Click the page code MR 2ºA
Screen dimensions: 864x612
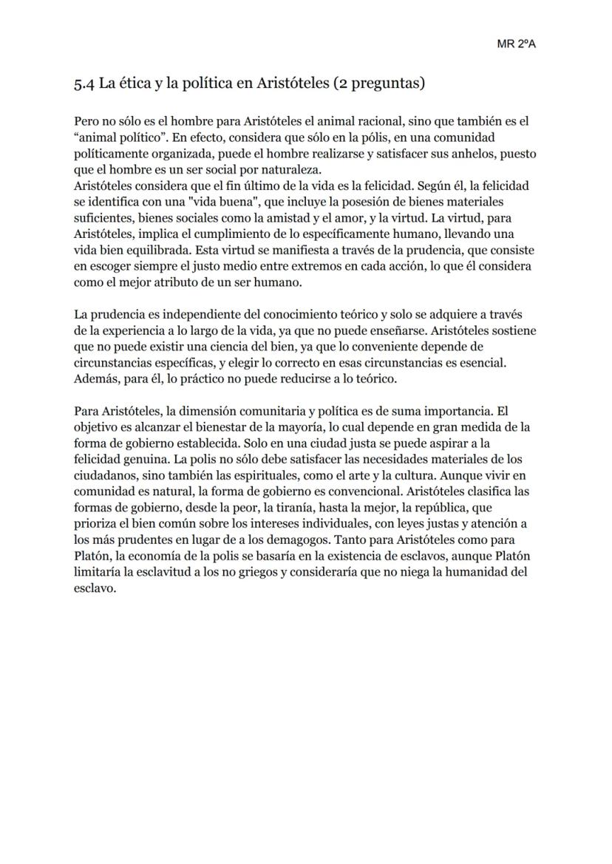(x=516, y=44)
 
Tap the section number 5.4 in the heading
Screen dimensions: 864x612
(x=84, y=84)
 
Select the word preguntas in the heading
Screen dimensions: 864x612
(x=384, y=84)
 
